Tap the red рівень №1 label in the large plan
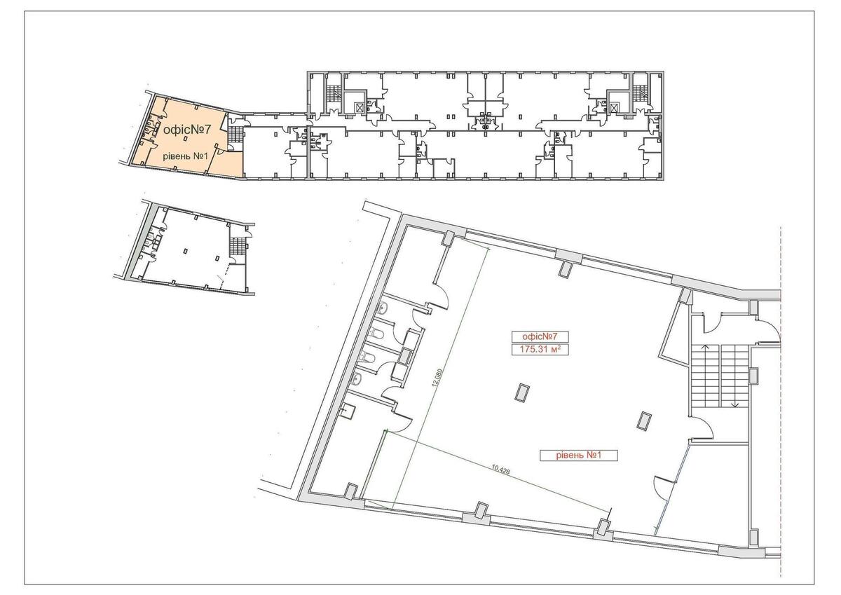click(x=576, y=456)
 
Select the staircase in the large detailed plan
click(x=720, y=377)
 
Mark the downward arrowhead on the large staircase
click(x=735, y=404)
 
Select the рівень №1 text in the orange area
click(x=183, y=156)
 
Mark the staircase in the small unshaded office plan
click(x=238, y=246)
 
